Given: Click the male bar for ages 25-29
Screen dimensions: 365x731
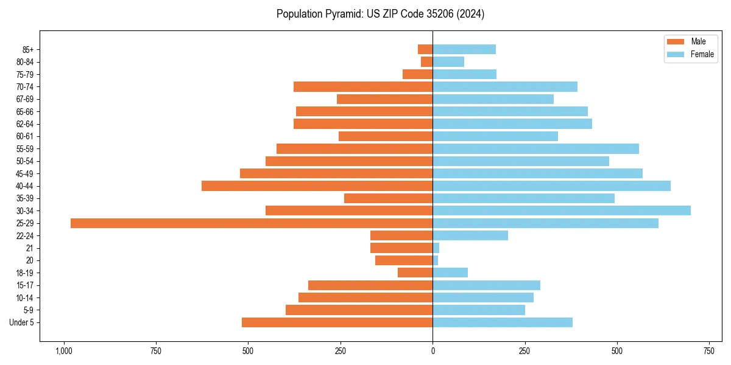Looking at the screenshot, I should pos(252,223).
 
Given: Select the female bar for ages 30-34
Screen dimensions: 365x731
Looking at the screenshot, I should pos(562,210).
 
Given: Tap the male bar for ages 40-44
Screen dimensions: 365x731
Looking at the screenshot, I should pos(317,186).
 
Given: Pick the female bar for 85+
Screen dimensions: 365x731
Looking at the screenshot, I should pos(464,49).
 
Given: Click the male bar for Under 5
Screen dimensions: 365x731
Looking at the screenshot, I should pos(337,322).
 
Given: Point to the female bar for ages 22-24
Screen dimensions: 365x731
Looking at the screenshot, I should pos(470,235).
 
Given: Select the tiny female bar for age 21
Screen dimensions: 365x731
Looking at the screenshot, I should pos(436,248).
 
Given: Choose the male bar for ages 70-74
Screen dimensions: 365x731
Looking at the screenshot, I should pos(363,87).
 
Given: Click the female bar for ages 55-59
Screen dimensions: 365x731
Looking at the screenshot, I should pos(536,149).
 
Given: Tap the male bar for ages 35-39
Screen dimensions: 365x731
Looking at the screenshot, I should pos(388,198).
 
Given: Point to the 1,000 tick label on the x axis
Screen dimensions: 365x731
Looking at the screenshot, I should pos(63,351).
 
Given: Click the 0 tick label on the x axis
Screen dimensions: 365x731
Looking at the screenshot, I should pos(433,351).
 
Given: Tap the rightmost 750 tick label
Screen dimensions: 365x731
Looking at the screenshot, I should pos(708,351).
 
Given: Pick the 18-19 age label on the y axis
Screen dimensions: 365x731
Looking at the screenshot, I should pos(25,273).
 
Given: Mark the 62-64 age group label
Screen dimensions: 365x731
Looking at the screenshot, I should pos(25,124).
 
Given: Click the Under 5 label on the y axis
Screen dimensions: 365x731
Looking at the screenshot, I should pos(21,322).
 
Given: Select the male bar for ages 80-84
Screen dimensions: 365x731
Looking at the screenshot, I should pos(426,62).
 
